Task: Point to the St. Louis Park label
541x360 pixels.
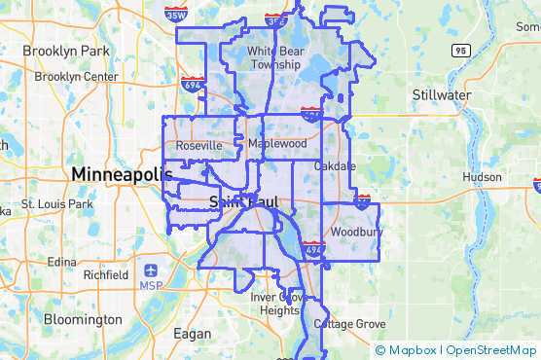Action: click(x=55, y=205)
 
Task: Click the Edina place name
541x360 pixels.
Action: click(x=61, y=262)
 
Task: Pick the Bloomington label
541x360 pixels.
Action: click(x=83, y=319)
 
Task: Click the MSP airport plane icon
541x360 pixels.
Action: click(x=153, y=270)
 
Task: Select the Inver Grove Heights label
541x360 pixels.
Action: click(x=279, y=304)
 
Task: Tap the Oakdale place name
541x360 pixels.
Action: click(x=335, y=166)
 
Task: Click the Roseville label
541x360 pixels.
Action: click(x=198, y=146)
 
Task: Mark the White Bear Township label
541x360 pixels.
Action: click(x=275, y=57)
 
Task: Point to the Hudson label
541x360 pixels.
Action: click(x=481, y=177)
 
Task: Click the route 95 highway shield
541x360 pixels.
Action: click(x=461, y=50)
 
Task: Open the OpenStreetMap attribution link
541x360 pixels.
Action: click(x=494, y=350)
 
